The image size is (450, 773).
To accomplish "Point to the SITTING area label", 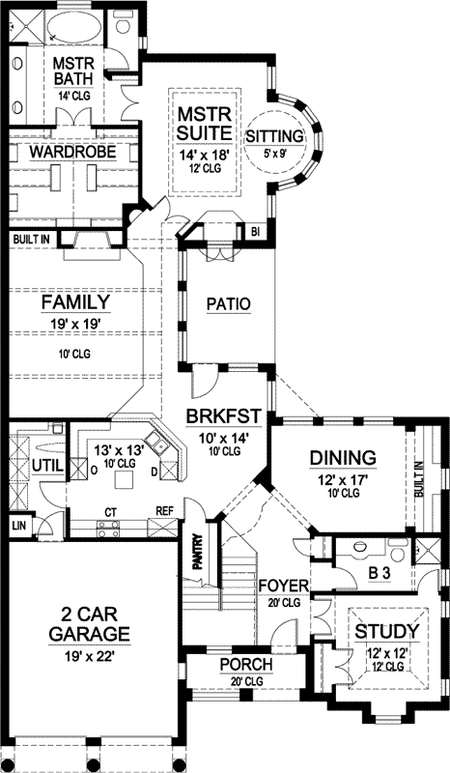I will point(274,134).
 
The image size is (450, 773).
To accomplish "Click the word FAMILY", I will point(74,303).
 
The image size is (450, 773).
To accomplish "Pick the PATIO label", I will point(229,303).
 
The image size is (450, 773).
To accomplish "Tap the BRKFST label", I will point(225,416).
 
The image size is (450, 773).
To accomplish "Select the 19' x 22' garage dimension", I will point(88,657).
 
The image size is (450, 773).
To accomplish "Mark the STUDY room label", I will point(386,633).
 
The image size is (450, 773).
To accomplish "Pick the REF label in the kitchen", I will point(164,513).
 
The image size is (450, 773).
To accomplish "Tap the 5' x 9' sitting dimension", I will point(274,153).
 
